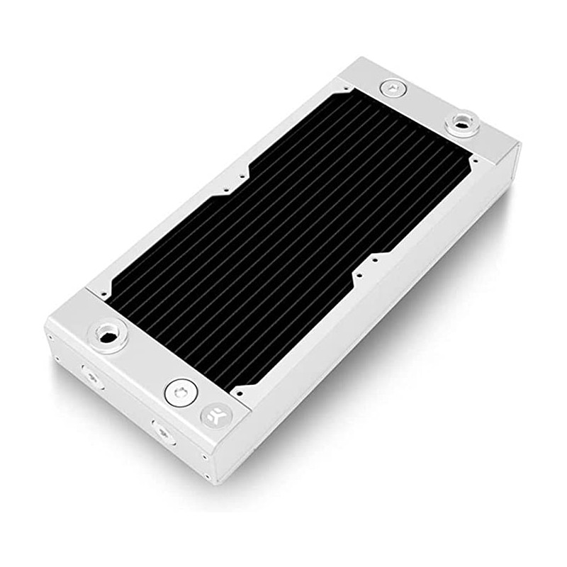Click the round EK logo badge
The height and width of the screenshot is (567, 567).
213,416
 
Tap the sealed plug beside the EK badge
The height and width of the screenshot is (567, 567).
180,391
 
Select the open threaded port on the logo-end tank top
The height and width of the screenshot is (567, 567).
108,333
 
